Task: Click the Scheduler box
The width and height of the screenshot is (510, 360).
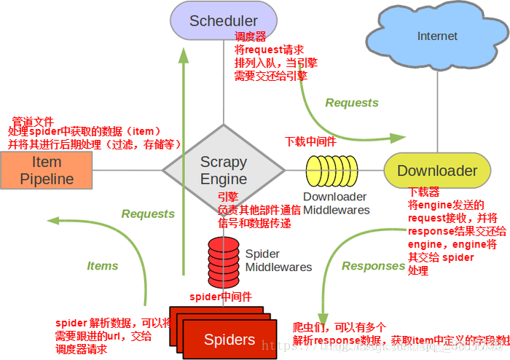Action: tap(224, 20)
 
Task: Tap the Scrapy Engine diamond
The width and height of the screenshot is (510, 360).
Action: tap(224, 171)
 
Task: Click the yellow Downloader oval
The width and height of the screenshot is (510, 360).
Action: tap(437, 171)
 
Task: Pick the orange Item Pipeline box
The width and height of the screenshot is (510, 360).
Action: tap(47, 171)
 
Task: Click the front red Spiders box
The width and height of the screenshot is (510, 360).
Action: tap(229, 340)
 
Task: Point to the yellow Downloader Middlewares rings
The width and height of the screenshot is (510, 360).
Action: tap(331, 171)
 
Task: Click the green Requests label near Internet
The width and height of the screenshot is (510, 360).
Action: tap(352, 103)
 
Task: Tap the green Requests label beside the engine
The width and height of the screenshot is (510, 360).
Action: tap(148, 214)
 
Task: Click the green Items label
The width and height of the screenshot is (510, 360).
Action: tap(103, 266)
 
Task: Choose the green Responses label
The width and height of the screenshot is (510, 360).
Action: tap(373, 266)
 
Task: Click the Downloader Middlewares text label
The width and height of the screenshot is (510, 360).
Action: tap(336, 203)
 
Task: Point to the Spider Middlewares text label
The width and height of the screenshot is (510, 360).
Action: tap(278, 260)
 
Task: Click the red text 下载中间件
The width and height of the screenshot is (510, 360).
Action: tap(310, 141)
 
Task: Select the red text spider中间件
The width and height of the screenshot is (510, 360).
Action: tap(221, 297)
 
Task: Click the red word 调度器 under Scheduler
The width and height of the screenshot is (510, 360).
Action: tap(249, 36)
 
